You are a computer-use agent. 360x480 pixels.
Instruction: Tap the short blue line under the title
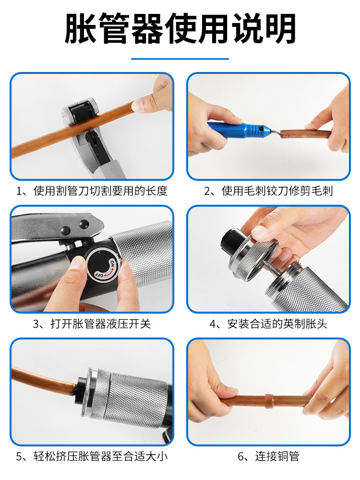pyautogui.click(x=180, y=59)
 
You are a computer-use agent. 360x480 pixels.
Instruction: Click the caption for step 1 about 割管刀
pyautogui.click(x=92, y=191)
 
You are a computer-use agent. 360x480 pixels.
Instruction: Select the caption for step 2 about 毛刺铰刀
pyautogui.click(x=268, y=191)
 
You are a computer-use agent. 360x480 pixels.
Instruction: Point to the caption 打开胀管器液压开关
pyautogui.click(x=92, y=324)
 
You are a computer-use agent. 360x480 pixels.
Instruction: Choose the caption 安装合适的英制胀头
pyautogui.click(x=268, y=324)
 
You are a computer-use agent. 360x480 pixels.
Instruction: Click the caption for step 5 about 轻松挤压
pyautogui.click(x=92, y=456)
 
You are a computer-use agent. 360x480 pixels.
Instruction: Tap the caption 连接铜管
pyautogui.click(x=268, y=456)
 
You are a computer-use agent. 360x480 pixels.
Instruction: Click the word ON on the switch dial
pyautogui.click(x=112, y=263)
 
